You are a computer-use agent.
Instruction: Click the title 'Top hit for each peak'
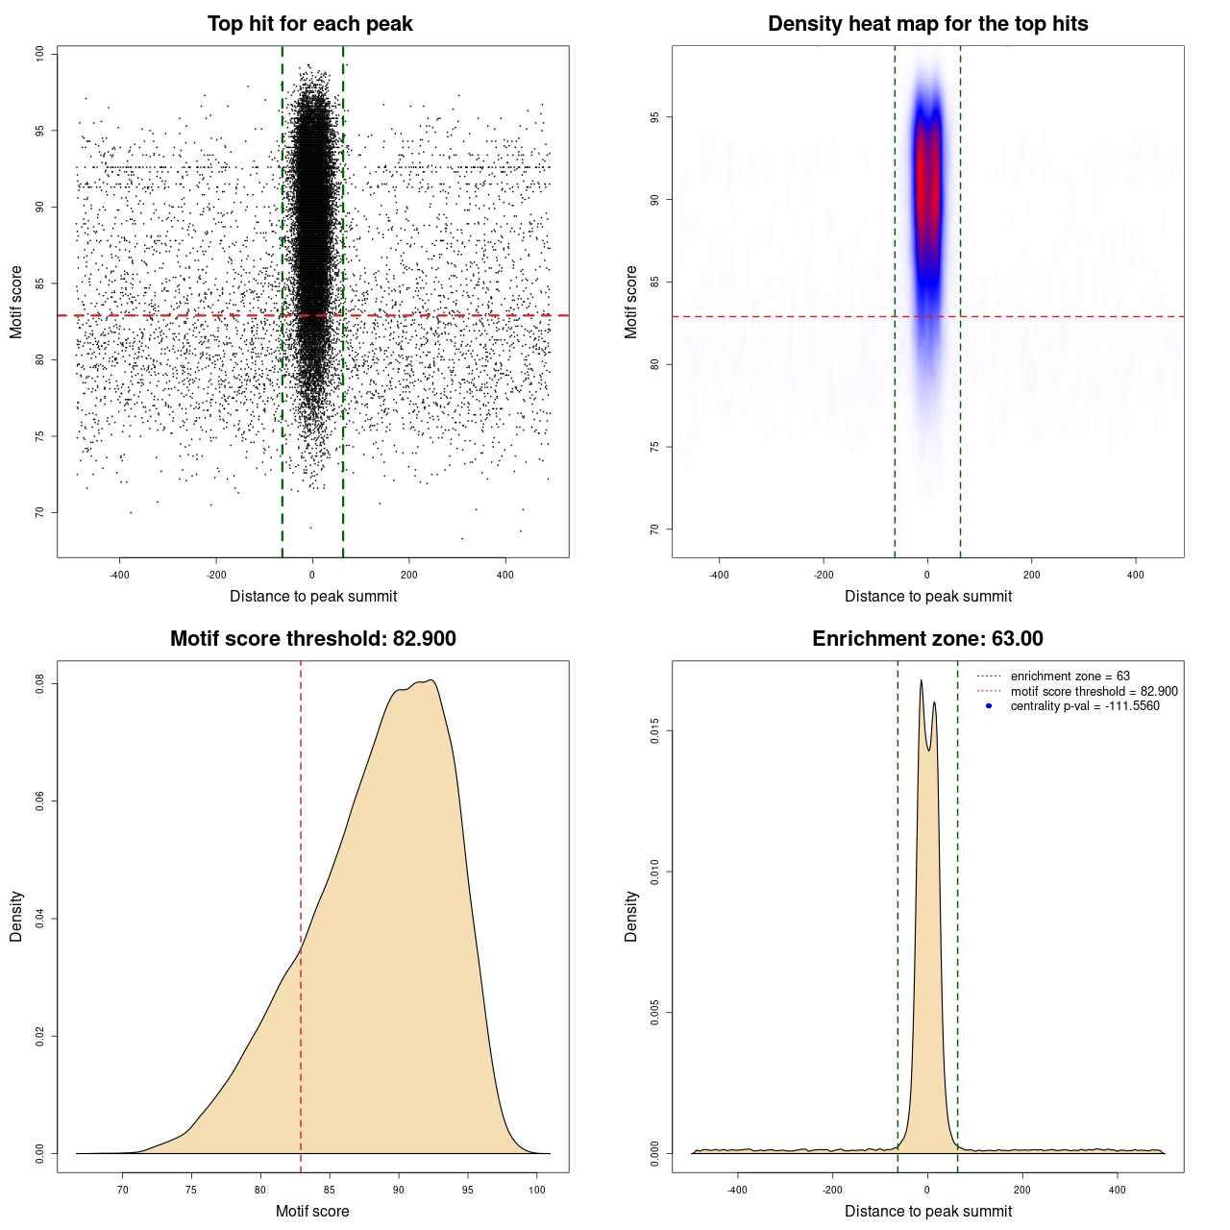pos(309,24)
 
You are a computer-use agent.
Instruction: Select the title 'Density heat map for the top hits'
pos(927,24)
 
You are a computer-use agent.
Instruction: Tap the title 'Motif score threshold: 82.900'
pos(312,639)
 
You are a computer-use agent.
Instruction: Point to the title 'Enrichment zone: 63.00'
pos(927,639)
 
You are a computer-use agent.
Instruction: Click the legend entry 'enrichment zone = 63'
pos(1070,676)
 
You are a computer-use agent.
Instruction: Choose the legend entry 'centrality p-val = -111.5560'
pos(1085,706)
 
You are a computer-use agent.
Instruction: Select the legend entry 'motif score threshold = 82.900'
pos(1094,691)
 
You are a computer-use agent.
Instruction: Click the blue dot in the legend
pos(989,706)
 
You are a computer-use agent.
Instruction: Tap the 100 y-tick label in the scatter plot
pos(39,54)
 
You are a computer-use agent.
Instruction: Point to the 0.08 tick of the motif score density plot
pos(39,683)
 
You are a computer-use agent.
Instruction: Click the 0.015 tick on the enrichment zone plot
pos(654,731)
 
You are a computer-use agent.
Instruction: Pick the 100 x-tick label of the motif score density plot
pos(537,1190)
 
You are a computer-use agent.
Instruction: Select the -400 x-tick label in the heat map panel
pos(719,575)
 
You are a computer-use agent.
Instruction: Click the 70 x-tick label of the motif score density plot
pos(122,1190)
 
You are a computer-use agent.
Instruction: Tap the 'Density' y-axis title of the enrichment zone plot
pos(631,916)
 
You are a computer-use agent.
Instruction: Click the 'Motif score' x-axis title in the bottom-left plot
pos(312,1211)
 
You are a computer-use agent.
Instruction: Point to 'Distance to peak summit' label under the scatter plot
pos(313,596)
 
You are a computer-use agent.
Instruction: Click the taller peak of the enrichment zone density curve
pos(921,681)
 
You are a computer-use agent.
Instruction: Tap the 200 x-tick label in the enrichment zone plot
pos(1022,1190)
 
